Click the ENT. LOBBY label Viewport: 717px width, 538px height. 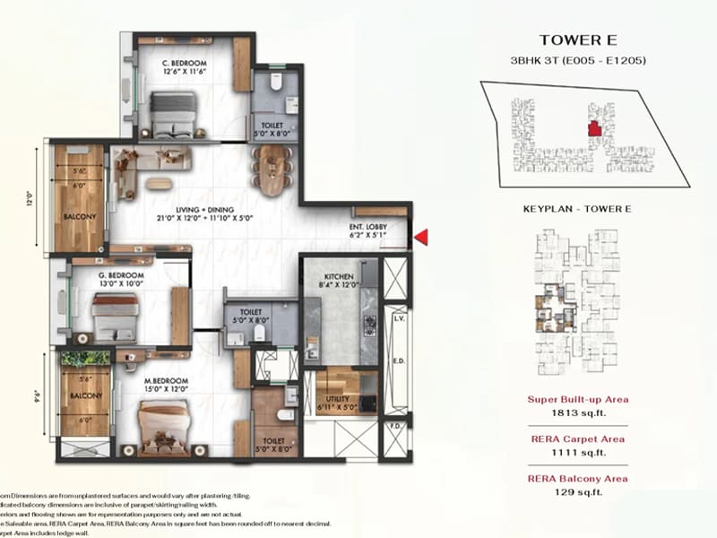click(368, 228)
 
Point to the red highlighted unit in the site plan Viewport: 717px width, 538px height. click(592, 130)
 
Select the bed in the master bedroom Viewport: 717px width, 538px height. click(163, 426)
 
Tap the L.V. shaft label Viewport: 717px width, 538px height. click(399, 318)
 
